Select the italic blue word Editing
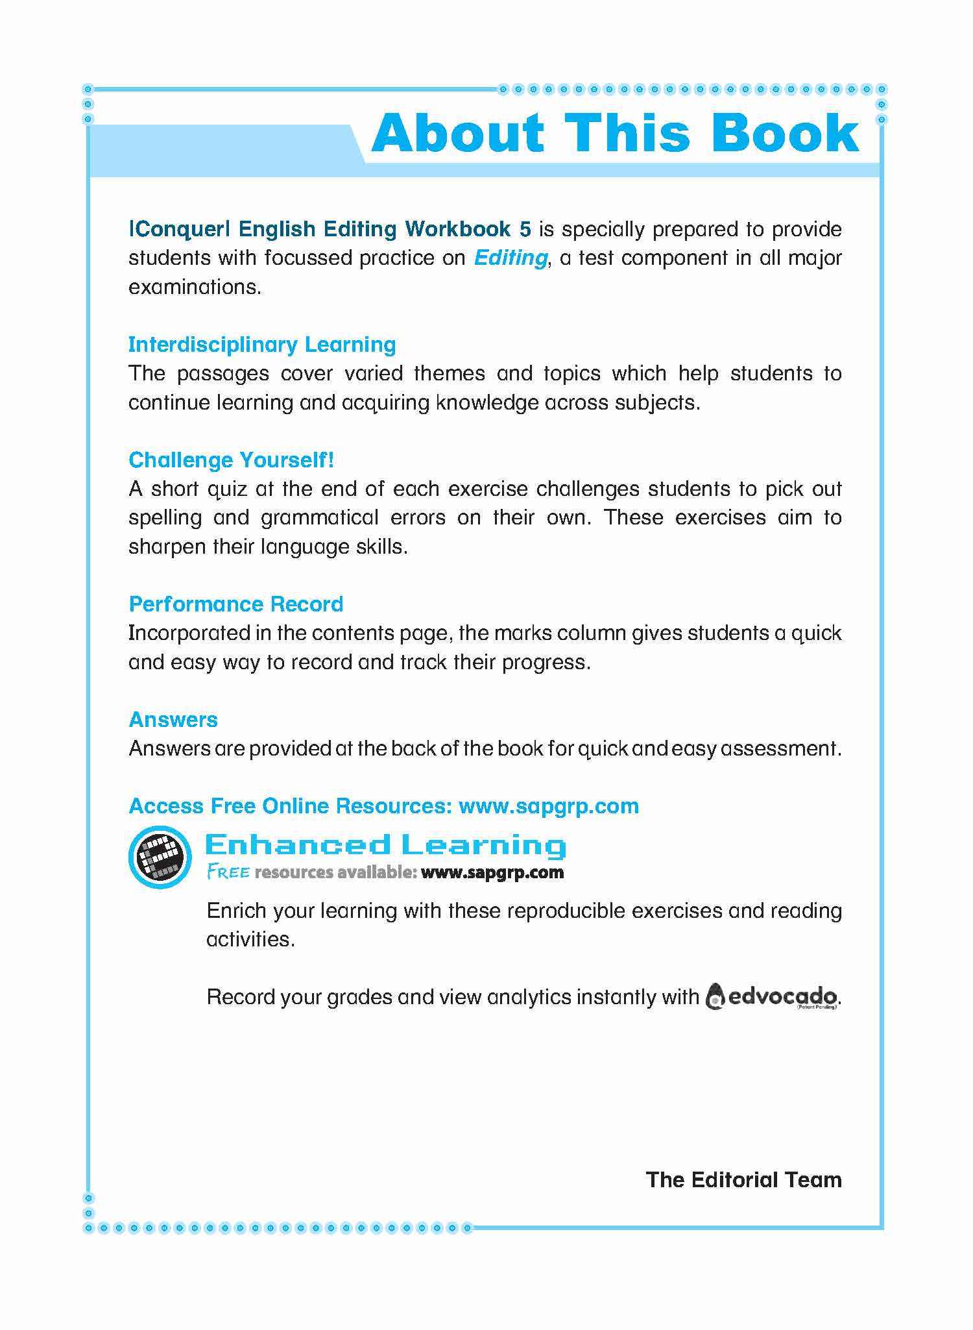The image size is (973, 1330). (x=511, y=258)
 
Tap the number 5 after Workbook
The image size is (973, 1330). (x=525, y=229)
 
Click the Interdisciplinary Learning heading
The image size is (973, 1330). (x=262, y=345)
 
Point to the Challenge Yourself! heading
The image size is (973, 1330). (x=232, y=460)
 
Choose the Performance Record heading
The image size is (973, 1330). (x=236, y=604)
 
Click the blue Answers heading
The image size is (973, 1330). (x=173, y=720)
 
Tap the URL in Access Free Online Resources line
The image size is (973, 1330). (x=549, y=806)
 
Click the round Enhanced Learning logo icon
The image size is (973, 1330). (x=160, y=857)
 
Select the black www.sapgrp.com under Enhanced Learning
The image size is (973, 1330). (x=492, y=872)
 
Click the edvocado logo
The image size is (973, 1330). (x=772, y=996)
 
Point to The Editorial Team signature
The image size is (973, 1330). (x=743, y=1179)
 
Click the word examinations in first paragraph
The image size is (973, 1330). (x=195, y=287)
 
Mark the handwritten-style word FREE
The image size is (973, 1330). (x=228, y=872)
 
